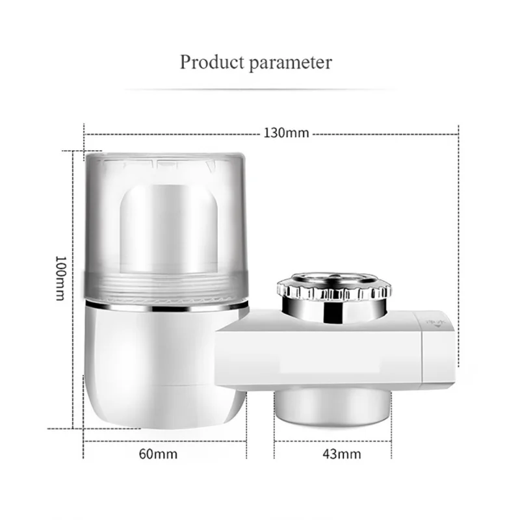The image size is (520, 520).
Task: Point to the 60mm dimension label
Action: coord(157,454)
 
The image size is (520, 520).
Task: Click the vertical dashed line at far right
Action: coord(459,260)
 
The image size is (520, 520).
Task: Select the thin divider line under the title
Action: coord(260,89)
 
